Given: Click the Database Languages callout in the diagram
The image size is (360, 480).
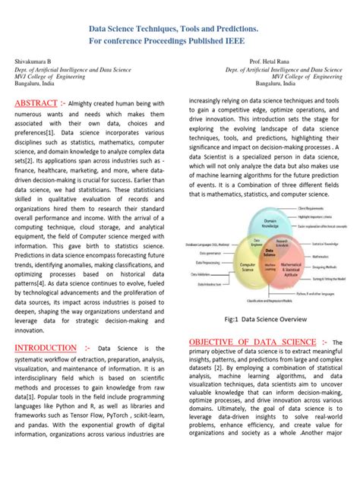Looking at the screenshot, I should [208, 244].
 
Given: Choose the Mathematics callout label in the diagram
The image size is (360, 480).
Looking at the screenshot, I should [321, 257].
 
